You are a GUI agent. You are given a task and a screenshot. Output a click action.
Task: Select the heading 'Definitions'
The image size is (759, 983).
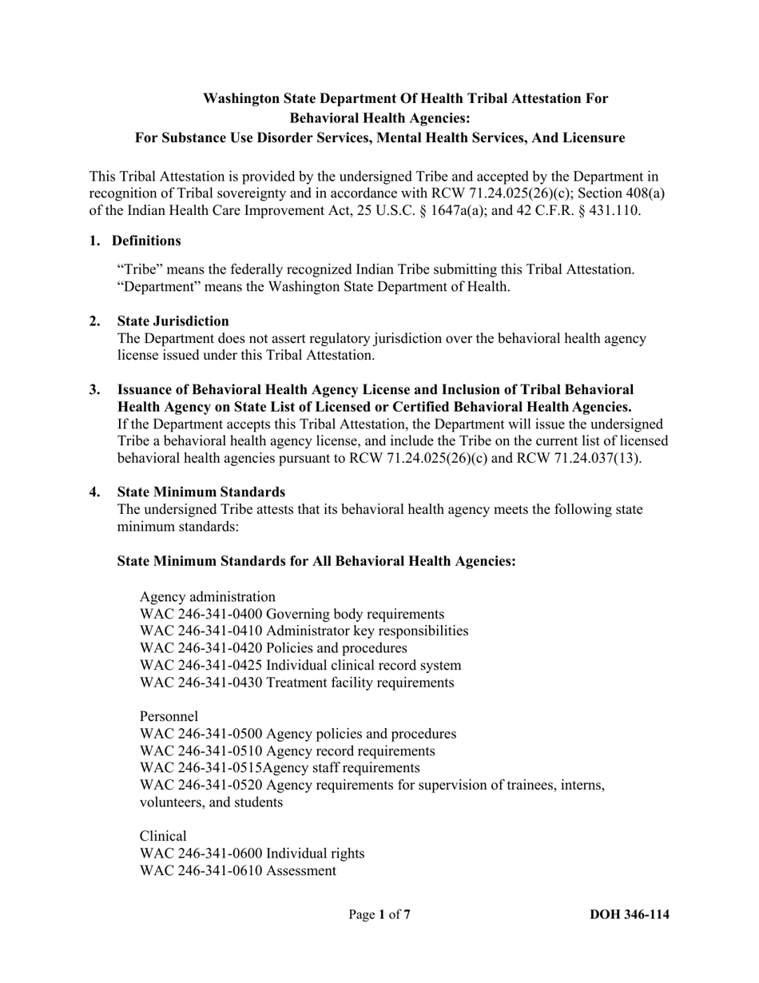[146, 241]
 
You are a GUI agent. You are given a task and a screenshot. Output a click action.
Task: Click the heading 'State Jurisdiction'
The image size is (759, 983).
[173, 320]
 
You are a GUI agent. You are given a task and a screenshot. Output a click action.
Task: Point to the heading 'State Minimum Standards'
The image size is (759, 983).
[201, 491]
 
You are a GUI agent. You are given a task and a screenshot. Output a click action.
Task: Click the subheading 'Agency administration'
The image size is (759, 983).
[208, 597]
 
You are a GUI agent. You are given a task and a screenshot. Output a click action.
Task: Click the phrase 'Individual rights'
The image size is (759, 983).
[315, 854]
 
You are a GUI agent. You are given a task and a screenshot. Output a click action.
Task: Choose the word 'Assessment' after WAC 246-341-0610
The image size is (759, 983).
[301, 870]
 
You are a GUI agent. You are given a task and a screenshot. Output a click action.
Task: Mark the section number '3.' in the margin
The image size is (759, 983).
[95, 389]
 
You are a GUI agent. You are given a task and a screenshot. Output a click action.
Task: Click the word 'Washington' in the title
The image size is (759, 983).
[238, 98]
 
